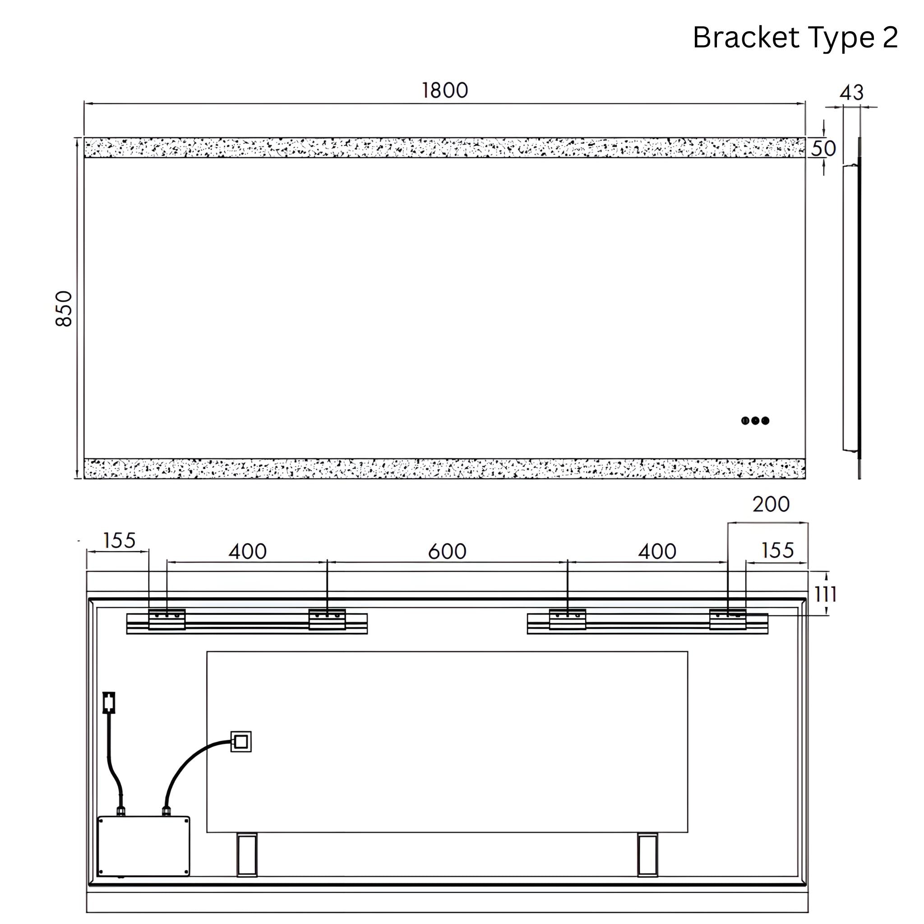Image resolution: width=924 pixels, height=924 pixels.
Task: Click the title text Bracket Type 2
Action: tap(795, 37)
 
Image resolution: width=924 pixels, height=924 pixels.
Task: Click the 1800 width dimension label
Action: tap(444, 90)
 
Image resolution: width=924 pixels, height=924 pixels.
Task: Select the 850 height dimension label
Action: tap(64, 309)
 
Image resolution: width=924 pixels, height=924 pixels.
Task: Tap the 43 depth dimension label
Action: tap(851, 92)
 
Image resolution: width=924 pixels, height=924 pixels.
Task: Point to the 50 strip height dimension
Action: tap(823, 148)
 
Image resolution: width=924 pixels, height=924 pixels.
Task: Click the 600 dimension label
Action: tap(447, 551)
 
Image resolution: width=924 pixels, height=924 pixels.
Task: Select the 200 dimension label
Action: tap(771, 504)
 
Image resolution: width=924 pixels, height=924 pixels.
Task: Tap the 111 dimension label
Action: tap(826, 595)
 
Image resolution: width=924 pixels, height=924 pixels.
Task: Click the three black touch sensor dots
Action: tap(755, 421)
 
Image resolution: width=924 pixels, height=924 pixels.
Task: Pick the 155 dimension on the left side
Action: tap(119, 541)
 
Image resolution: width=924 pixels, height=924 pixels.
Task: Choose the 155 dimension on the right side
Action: tap(777, 550)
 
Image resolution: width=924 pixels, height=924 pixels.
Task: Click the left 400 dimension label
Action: tap(247, 551)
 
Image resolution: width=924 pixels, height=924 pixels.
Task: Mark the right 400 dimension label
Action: tap(656, 551)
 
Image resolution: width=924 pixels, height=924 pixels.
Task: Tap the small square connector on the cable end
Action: tap(241, 742)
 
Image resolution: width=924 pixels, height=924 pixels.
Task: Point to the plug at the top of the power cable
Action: tap(109, 702)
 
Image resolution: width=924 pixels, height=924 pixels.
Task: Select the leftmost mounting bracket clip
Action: tap(167, 619)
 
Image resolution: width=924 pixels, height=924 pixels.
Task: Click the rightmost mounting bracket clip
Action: tap(727, 619)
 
